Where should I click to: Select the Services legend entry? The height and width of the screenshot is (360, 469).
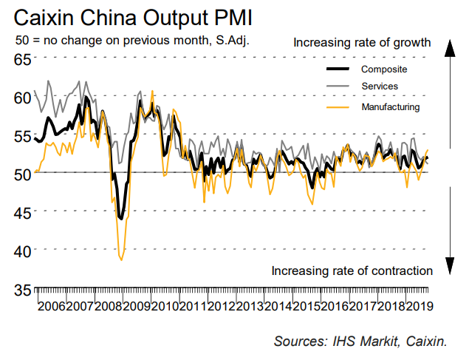click(380, 87)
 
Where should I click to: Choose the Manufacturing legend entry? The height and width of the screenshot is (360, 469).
click(390, 107)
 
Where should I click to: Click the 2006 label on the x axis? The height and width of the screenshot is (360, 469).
click(52, 307)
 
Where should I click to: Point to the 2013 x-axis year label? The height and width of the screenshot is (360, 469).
click(249, 307)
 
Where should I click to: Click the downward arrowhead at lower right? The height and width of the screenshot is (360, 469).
click(448, 265)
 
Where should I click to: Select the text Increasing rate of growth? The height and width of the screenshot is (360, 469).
click(362, 42)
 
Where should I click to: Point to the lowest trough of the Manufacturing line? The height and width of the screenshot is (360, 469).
click(121, 259)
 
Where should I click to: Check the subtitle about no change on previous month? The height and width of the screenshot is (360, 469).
click(131, 41)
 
